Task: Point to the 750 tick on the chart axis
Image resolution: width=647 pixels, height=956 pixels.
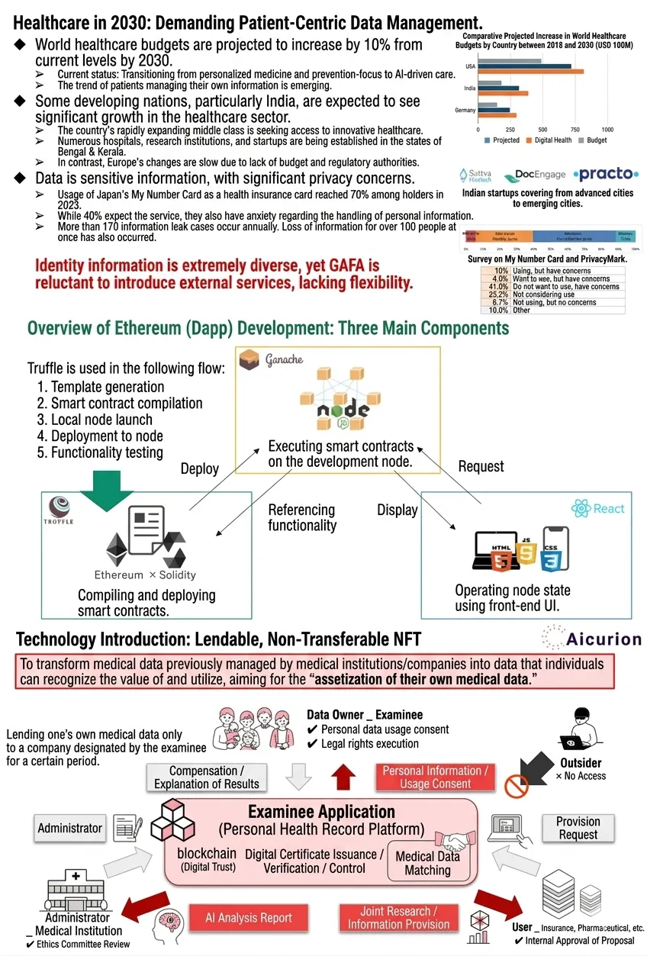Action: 575,129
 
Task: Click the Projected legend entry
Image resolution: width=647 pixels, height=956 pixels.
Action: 503,140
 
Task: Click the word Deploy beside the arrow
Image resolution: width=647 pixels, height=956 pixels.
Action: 199,469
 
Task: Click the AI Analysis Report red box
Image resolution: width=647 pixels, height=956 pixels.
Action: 248,918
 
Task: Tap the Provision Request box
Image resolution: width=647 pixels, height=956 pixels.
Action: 578,828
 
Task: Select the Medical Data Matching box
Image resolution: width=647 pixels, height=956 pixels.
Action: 427,863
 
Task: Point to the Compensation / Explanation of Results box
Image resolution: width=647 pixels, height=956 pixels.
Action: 207,777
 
